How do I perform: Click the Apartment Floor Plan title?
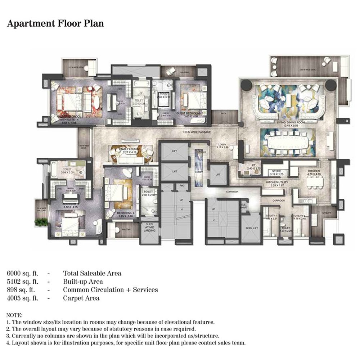55,24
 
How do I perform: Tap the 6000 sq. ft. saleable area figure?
22,273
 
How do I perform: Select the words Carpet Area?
81,298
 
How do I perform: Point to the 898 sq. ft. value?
20,290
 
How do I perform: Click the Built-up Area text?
83,282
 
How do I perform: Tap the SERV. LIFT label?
251,228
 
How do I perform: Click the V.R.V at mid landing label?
148,228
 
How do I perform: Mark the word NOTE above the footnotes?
14,315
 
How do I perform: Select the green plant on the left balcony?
41,222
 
